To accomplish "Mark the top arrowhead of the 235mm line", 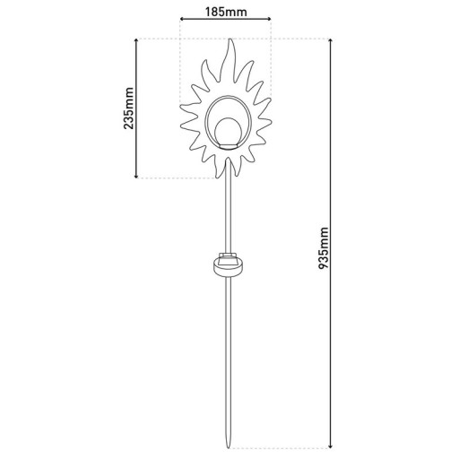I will click(137, 41).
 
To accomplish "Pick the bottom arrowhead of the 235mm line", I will click(137, 176).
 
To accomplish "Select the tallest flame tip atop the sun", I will click(230, 42).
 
